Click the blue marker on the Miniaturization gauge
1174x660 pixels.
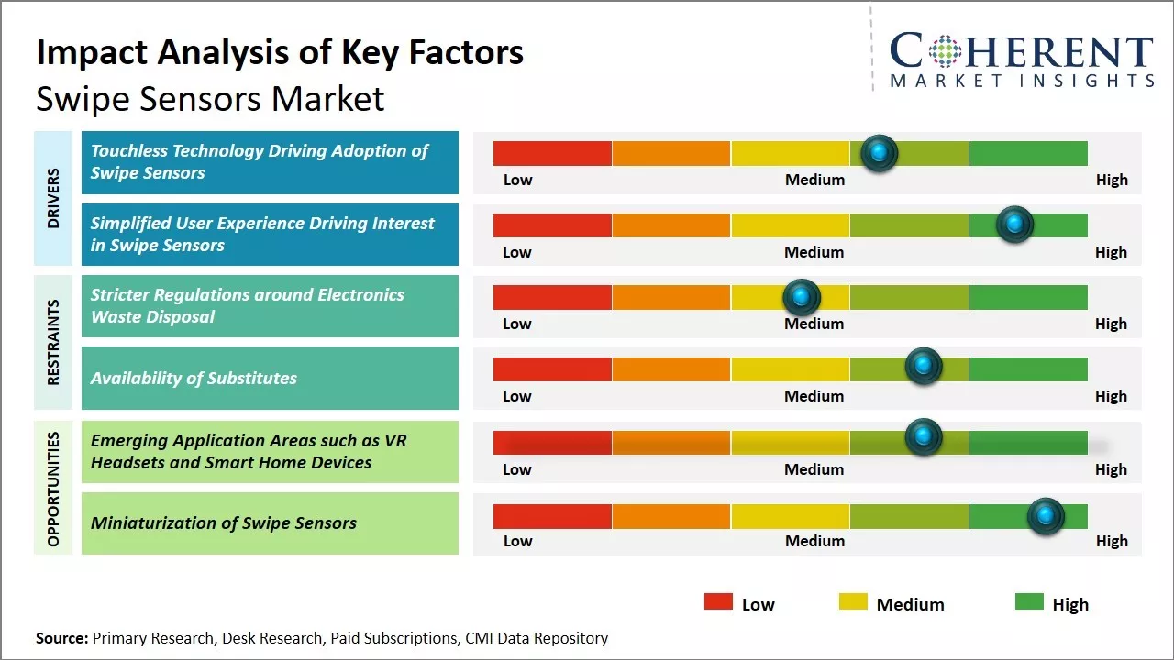(x=1045, y=517)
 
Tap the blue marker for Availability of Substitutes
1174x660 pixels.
(x=924, y=366)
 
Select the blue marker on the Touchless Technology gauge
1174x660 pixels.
(x=880, y=153)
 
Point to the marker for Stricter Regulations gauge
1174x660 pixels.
(x=802, y=297)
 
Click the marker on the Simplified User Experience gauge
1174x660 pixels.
(x=1014, y=225)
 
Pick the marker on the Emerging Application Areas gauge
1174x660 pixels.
(x=924, y=437)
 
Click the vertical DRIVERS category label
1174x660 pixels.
(x=53, y=197)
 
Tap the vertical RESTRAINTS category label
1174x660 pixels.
(x=53, y=342)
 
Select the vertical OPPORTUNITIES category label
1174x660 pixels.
(x=53, y=489)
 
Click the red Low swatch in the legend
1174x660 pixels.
(x=718, y=602)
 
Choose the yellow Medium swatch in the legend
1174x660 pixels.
(x=853, y=602)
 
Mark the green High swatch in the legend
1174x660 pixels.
(x=1029, y=602)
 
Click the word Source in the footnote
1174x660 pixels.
(x=62, y=638)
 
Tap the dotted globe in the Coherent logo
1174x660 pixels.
(x=944, y=51)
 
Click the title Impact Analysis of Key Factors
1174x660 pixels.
(x=280, y=52)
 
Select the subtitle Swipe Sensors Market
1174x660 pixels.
(x=210, y=99)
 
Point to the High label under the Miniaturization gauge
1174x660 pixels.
(x=1112, y=541)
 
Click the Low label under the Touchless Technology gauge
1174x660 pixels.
(x=517, y=180)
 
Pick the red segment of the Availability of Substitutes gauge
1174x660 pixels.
(x=552, y=369)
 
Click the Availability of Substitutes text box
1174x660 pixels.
(x=270, y=378)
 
